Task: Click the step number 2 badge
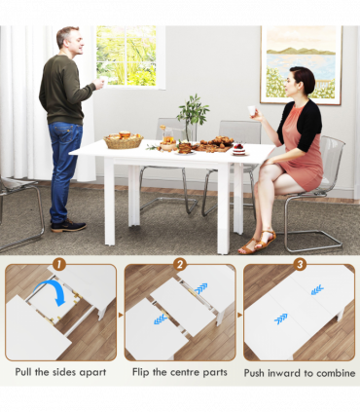[180, 263]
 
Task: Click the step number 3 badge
[301, 263]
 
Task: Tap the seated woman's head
[303, 82]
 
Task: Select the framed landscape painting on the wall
[301, 63]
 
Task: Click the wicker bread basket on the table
[123, 140]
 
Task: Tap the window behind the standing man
[129, 56]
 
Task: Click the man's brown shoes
[68, 227]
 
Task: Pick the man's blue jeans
[64, 166]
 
